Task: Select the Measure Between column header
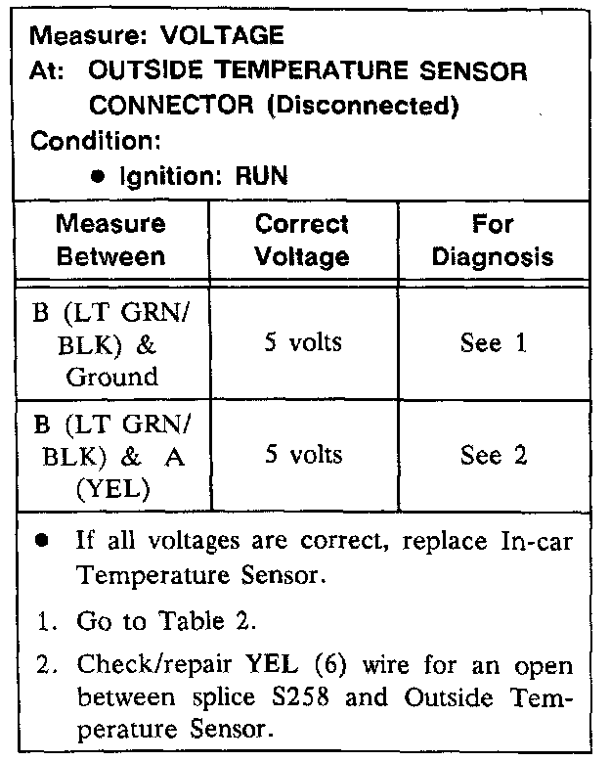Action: pyautogui.click(x=110, y=240)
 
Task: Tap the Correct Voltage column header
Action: pyautogui.click(x=301, y=240)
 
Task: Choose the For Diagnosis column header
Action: pyautogui.click(x=493, y=240)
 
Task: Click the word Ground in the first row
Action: pyautogui.click(x=111, y=376)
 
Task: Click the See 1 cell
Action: pyautogui.click(x=493, y=343)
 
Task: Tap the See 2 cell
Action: pyautogui.click(x=493, y=455)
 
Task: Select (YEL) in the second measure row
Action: pyautogui.click(x=111, y=488)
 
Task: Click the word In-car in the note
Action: pyautogui.click(x=534, y=544)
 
